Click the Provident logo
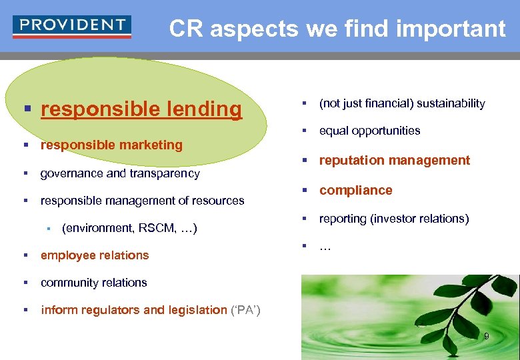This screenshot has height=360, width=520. pyautogui.click(x=72, y=27)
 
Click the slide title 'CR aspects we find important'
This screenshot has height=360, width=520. pyautogui.click(x=337, y=29)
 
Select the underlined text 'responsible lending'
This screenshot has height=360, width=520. pyautogui.click(x=141, y=109)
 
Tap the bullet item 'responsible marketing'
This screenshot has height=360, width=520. pyautogui.click(x=111, y=145)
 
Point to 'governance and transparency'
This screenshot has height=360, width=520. pyautogui.click(x=120, y=173)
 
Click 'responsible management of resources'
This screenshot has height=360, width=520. pyautogui.click(x=142, y=201)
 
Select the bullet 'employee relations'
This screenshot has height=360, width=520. pyautogui.click(x=95, y=255)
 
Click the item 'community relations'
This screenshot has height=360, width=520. pyautogui.click(x=93, y=283)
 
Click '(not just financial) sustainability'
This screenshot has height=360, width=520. pyautogui.click(x=402, y=103)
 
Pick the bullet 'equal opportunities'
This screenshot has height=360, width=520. pyautogui.click(x=369, y=131)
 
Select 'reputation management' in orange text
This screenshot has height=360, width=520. pyautogui.click(x=395, y=160)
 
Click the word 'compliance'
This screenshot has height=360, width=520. pyautogui.click(x=355, y=190)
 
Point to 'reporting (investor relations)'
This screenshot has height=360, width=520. pyautogui.click(x=394, y=219)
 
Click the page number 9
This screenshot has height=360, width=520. pyautogui.click(x=486, y=336)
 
